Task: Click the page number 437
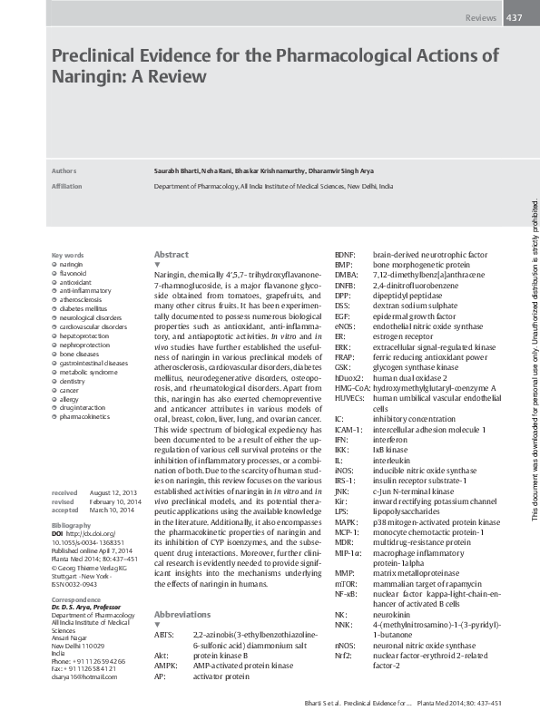click(513, 18)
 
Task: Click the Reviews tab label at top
click(480, 18)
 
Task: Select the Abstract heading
click(172, 255)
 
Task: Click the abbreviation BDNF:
click(345, 255)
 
